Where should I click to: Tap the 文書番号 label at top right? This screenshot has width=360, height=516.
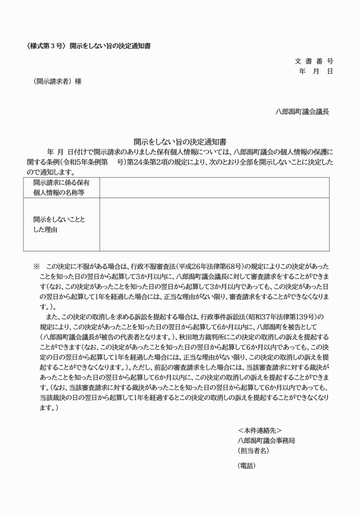point(314,61)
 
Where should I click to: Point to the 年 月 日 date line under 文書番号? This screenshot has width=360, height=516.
point(315,71)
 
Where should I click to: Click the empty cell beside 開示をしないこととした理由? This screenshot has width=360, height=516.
point(214,224)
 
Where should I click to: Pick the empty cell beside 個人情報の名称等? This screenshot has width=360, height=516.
point(214,187)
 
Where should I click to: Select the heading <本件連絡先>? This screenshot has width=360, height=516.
point(259,430)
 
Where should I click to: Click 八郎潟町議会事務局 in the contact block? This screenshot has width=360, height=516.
point(266,440)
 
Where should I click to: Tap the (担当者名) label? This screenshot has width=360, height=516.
point(253,450)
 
